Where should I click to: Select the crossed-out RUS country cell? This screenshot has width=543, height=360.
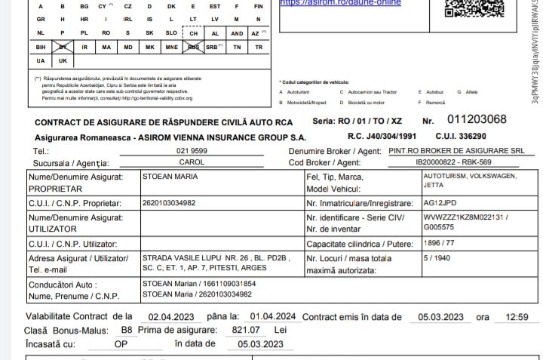coord(194,47)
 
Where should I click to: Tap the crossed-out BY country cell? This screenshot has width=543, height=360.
coord(63,47)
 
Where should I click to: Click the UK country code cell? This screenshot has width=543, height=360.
coord(63,60)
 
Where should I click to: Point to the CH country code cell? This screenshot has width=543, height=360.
coord(194,34)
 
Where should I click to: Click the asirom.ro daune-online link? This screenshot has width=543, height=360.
coord(341,3)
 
